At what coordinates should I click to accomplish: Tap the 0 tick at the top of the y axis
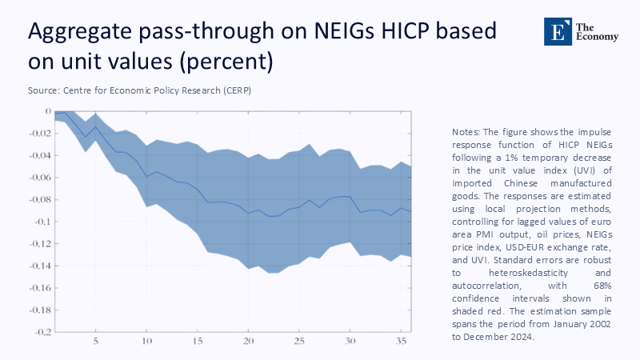[x=48, y=112]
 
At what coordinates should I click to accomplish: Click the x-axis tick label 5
[x=95, y=341]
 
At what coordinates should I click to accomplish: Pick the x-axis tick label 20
[x=248, y=341]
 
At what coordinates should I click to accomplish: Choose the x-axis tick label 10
[x=146, y=341]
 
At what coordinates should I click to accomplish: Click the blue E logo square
[x=554, y=31]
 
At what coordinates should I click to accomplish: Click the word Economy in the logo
[x=593, y=38]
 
